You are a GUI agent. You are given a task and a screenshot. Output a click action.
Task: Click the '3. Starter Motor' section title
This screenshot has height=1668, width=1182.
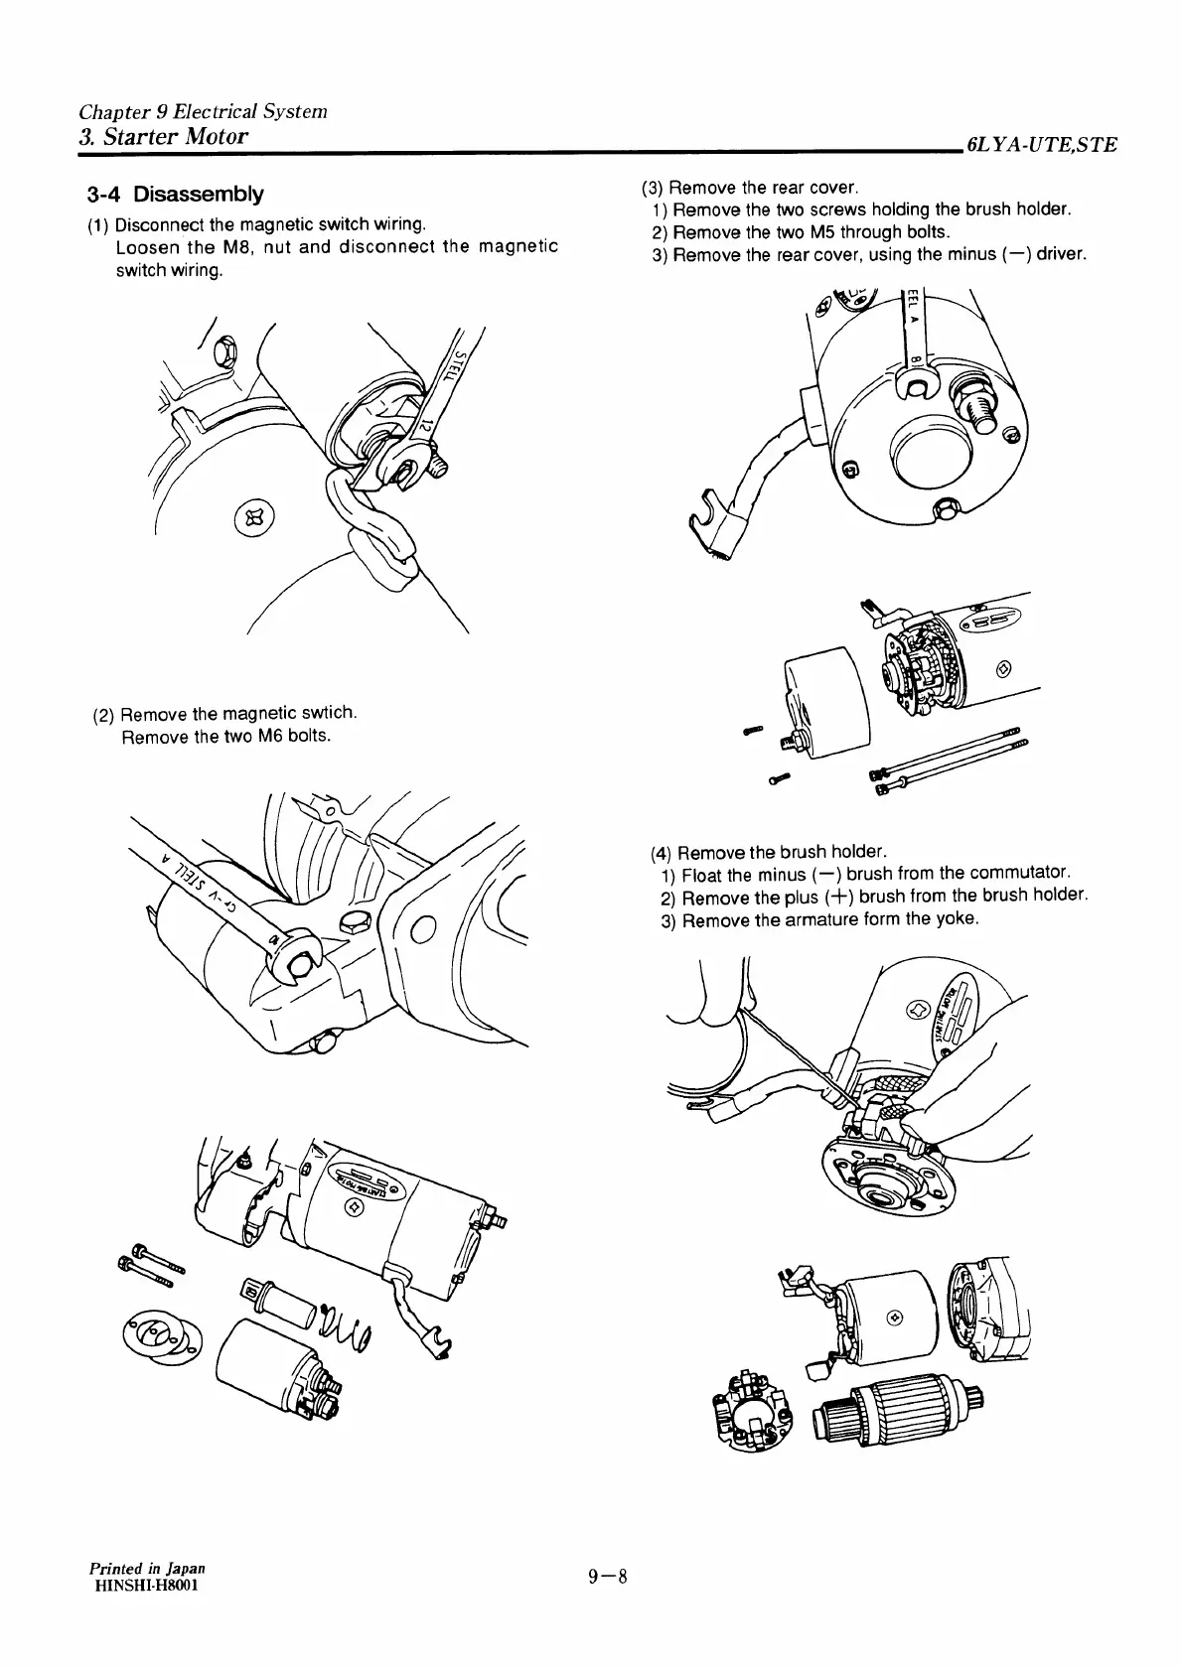pyautogui.click(x=162, y=136)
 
